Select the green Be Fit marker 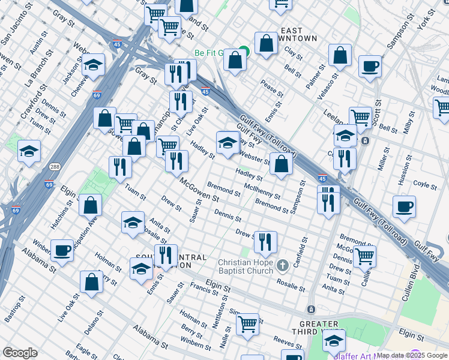click(244, 52)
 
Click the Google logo click(20, 353)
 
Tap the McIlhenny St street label click(262, 191)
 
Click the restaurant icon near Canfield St click(265, 242)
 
